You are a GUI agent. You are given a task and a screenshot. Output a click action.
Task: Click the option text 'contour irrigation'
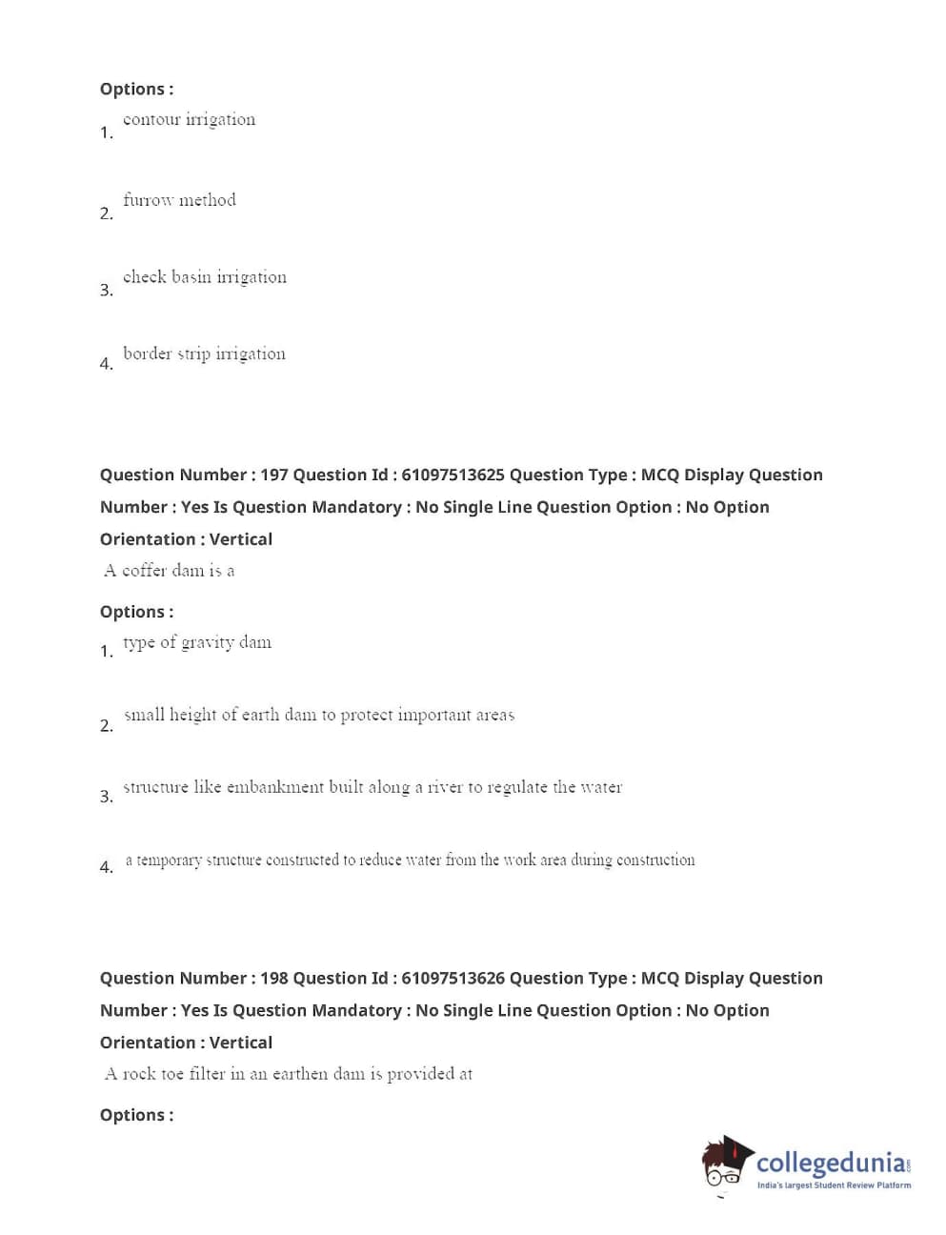pyautogui.click(x=189, y=120)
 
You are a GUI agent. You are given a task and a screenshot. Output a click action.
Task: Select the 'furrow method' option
pyautogui.click(x=179, y=200)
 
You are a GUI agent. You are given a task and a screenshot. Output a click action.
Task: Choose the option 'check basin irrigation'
pyautogui.click(x=204, y=277)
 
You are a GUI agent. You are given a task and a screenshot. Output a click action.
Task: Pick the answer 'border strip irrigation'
pyautogui.click(x=204, y=354)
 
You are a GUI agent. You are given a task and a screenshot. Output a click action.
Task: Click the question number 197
pyautogui.click(x=273, y=475)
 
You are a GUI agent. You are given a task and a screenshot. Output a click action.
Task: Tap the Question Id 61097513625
pyautogui.click(x=453, y=475)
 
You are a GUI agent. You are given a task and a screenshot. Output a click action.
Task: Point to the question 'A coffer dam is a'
pyautogui.click(x=170, y=571)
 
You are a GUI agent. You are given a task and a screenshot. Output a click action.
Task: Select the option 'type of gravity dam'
pyautogui.click(x=196, y=642)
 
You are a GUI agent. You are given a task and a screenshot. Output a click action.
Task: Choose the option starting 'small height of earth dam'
pyautogui.click(x=318, y=715)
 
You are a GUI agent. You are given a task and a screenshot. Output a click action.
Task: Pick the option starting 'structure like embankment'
pyautogui.click(x=372, y=787)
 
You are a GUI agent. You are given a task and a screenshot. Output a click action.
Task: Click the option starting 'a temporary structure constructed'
pyautogui.click(x=410, y=860)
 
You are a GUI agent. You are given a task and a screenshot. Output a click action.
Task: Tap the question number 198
pyautogui.click(x=273, y=978)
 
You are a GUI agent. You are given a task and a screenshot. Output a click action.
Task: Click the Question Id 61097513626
pyautogui.click(x=453, y=978)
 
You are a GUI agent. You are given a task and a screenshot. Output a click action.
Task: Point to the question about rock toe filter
pyautogui.click(x=288, y=1074)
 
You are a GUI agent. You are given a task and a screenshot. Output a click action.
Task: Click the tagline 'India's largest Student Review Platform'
pyautogui.click(x=834, y=1185)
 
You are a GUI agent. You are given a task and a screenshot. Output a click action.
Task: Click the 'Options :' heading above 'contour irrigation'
pyautogui.click(x=136, y=89)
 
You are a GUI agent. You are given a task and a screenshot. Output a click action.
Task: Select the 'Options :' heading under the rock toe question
pyautogui.click(x=136, y=1115)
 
